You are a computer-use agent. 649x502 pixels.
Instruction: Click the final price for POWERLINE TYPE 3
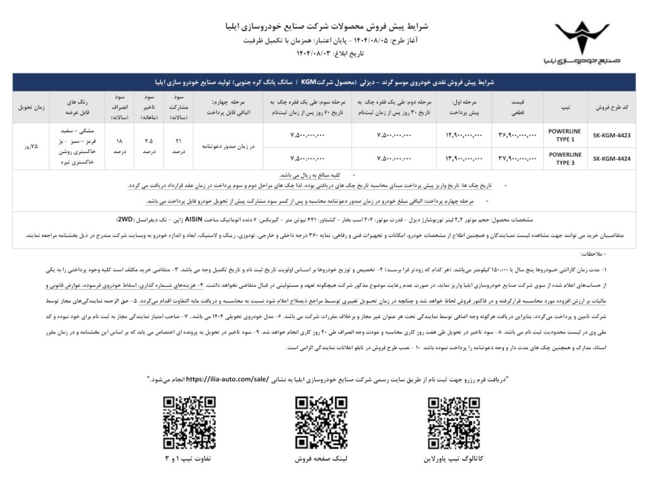[x=518, y=158]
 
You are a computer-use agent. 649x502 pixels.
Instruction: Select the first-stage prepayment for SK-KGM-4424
[x=465, y=158]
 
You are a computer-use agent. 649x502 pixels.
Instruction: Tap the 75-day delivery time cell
[x=30, y=145]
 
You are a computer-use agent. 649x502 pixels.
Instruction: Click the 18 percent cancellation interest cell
[x=119, y=147]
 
